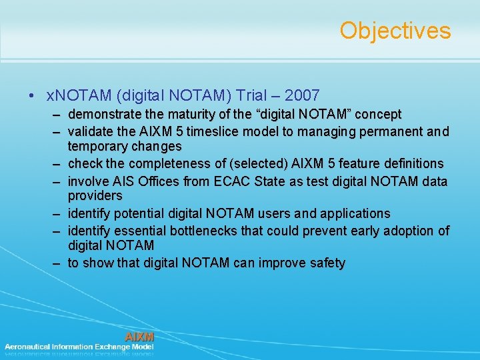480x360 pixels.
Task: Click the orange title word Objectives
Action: point(395,31)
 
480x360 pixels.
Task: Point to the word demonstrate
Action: point(102,115)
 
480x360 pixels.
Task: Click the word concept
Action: point(378,115)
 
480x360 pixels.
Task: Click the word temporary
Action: point(96,146)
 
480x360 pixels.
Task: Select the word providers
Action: point(95,196)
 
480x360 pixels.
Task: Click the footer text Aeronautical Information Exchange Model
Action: point(79,347)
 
